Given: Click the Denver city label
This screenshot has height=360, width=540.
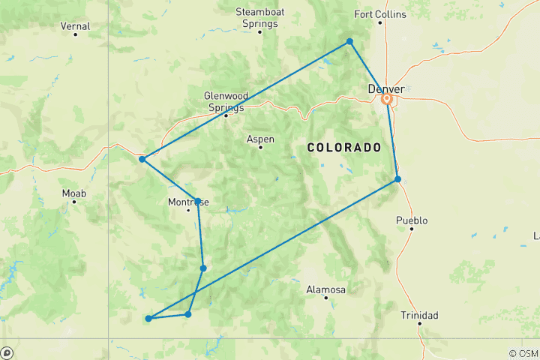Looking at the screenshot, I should tap(386, 89).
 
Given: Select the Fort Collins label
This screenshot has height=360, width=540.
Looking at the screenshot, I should tap(380, 14).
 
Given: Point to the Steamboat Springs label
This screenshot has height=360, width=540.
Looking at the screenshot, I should tap(256, 17).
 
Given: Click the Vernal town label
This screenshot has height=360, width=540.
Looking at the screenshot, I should tap(75, 26).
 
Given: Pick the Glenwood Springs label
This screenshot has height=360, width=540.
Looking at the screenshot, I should tap(224, 101).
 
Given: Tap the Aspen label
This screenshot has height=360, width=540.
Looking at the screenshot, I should tap(260, 139).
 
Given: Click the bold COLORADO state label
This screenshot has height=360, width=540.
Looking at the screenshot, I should tap(344, 148).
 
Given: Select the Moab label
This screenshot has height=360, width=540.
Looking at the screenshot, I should tap(74, 193).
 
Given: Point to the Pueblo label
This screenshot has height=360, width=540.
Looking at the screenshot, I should tap(412, 220).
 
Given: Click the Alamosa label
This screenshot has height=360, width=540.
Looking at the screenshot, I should tap(325, 289).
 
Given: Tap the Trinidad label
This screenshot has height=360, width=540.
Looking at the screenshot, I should tap(418, 315).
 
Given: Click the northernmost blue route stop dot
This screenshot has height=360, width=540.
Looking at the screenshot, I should tap(349, 41).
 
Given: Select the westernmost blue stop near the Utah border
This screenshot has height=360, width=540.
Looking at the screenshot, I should tap(142, 159).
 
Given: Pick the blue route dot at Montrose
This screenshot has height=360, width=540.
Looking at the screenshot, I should tap(197, 201).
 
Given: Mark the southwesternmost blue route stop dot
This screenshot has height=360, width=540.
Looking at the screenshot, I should tap(148, 319).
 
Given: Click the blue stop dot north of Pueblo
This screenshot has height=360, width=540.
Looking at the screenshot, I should tap(397, 178).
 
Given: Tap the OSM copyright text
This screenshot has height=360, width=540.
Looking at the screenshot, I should tap(523, 353).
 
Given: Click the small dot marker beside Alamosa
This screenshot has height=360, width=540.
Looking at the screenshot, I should tap(325, 298).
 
